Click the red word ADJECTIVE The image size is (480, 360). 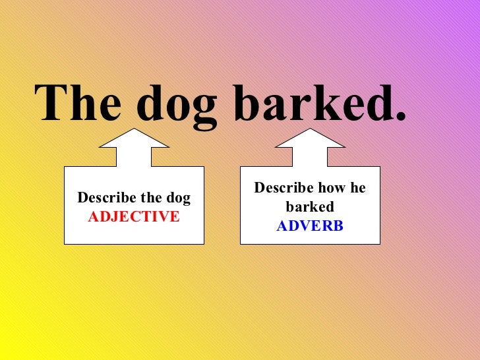tap(134, 216)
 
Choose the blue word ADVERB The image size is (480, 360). tap(310, 226)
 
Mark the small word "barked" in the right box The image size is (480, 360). tap(310, 207)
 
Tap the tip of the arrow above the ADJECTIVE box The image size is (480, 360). tap(135, 130)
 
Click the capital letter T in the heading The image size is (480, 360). tap(52, 104)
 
